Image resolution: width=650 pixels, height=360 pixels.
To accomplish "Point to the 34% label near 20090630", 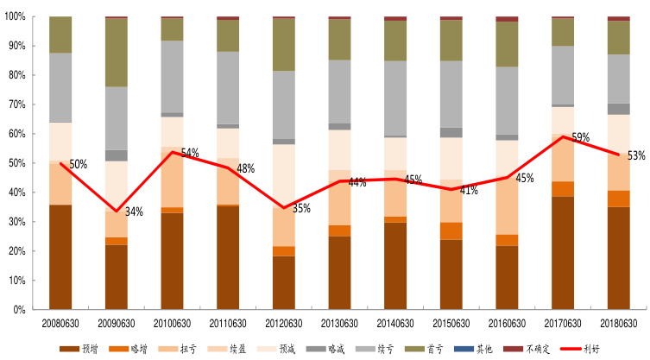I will (134, 211).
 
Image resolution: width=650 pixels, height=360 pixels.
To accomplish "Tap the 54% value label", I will (190, 153).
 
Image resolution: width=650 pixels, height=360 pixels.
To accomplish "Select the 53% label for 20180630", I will (637, 156).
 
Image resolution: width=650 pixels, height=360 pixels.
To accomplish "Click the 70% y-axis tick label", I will (16, 104).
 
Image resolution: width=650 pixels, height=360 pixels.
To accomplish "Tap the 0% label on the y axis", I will (19, 309).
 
